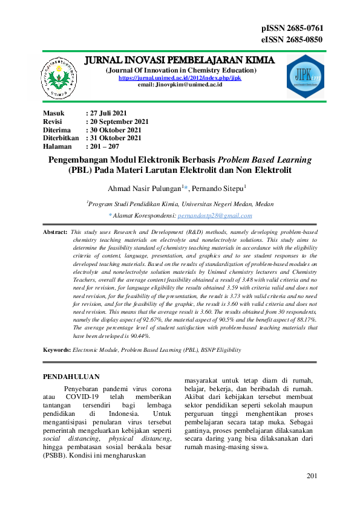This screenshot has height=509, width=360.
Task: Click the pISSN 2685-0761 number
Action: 292,28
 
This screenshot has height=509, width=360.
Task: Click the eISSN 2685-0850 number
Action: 292,40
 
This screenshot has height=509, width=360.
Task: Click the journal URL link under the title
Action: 180,78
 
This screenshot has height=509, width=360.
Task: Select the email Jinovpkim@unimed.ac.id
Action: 180,85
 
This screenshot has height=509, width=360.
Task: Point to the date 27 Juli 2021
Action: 108,113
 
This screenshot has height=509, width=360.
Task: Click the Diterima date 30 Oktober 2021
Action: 116,130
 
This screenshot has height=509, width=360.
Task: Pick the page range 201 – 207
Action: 105,147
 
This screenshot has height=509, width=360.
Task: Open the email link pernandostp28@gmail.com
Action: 215,215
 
